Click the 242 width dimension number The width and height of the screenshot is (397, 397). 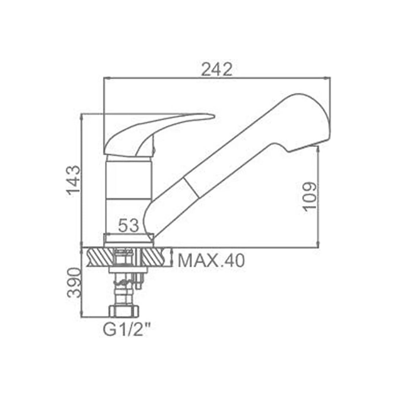coord(216,69)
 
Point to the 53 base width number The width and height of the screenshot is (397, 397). coord(129,225)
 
